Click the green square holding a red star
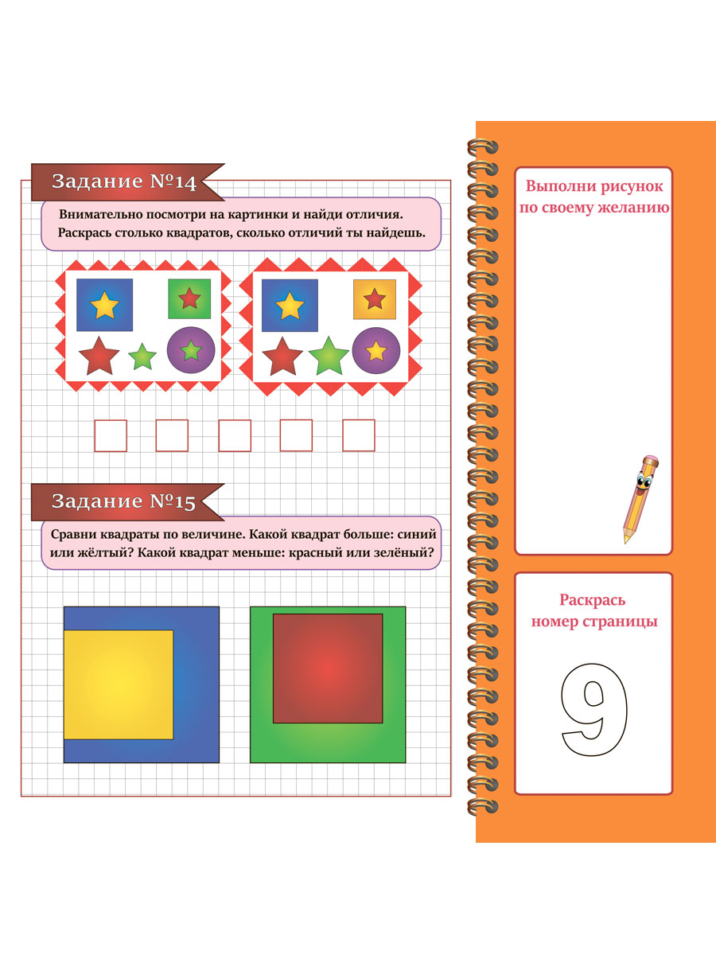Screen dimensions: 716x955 tap(189, 298)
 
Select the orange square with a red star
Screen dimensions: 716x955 tap(375, 299)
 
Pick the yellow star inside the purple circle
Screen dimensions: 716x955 tap(376, 351)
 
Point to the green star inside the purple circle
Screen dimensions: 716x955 tap(191, 350)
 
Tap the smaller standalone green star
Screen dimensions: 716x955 tap(142, 357)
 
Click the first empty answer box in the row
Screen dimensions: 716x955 tap(111, 435)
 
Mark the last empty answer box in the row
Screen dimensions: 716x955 tap(359, 435)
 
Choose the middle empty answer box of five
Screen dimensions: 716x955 tap(235, 435)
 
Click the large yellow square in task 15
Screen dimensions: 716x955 tap(119, 684)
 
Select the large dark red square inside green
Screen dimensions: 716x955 tap(328, 668)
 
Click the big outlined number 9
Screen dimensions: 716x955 tap(594, 710)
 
